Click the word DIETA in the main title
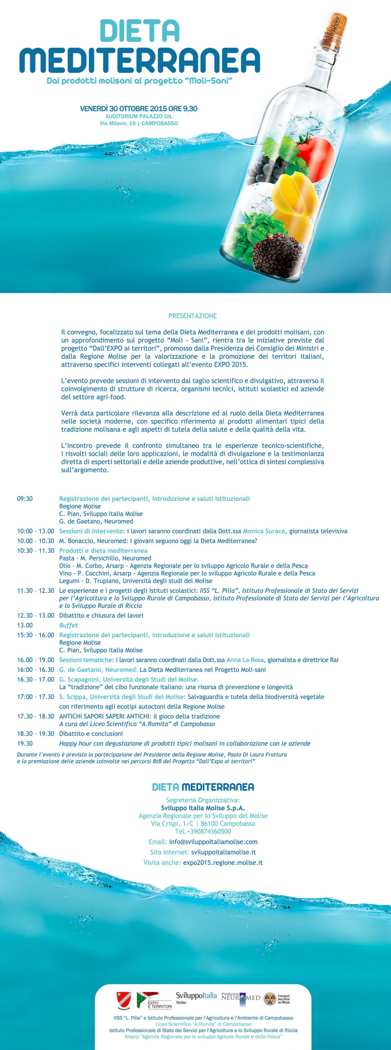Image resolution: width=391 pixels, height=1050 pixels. [x=140, y=31]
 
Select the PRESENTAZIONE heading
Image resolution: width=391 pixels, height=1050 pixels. [x=192, y=316]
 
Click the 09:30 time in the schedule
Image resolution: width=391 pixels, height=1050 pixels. [x=25, y=499]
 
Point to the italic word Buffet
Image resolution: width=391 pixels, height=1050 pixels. [x=69, y=625]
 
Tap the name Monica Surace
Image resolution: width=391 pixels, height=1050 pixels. [x=264, y=531]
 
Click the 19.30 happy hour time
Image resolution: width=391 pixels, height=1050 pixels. [x=25, y=743]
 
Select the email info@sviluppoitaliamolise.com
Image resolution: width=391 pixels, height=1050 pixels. [x=213, y=842]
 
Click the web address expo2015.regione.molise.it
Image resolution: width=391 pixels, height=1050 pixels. [x=223, y=863]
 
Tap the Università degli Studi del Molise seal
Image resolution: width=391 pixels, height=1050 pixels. [x=270, y=999]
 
